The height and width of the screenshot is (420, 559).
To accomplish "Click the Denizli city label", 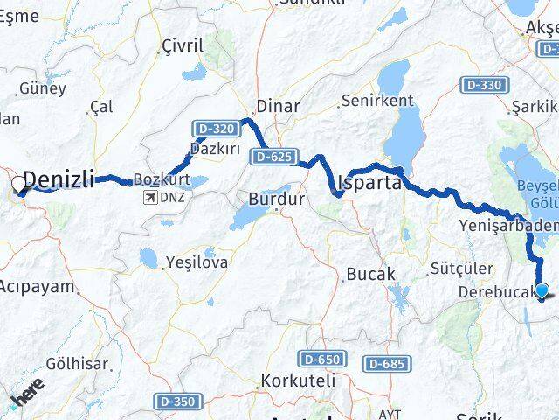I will point(59,179).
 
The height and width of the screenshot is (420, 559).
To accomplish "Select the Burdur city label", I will point(277,199).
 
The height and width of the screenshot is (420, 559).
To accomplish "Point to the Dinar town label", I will point(278,107).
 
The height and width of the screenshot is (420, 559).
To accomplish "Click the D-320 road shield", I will point(212,129).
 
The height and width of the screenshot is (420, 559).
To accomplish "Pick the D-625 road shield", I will point(271,157).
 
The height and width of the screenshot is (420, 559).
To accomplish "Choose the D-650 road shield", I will point(321,359).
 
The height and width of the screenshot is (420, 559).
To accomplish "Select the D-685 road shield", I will point(386,362).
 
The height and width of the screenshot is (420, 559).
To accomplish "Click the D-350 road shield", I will point(177,401).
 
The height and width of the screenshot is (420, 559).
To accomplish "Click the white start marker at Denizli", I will point(18,185).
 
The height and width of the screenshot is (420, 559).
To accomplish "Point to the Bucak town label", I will point(371,274).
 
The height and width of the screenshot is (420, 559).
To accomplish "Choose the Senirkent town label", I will point(377,101).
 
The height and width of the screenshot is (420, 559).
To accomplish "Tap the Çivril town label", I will point(183,45).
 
